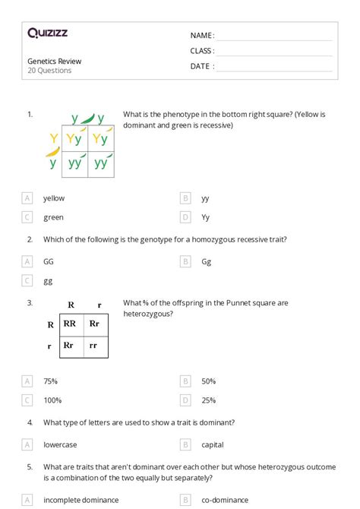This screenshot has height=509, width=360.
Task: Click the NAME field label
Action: tap(201, 36)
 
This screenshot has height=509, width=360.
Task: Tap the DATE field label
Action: tap(201, 66)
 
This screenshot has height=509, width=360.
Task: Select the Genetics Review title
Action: tap(54, 61)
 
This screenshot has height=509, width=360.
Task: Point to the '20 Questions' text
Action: tap(49, 71)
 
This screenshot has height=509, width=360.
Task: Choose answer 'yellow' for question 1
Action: tap(54, 198)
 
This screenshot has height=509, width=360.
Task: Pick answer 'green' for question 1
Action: tap(53, 217)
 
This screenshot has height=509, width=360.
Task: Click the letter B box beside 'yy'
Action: tap(185, 198)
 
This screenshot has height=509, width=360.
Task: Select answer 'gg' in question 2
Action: tap(48, 281)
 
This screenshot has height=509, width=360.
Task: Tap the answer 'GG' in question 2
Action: tap(49, 261)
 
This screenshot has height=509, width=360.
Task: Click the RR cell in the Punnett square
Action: tap(69, 324)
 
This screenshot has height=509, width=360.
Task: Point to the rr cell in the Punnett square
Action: tap(94, 345)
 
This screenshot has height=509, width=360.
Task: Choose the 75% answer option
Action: tap(50, 381)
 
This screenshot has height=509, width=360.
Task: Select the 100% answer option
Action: tap(52, 400)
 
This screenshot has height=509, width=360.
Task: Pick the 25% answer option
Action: tap(209, 400)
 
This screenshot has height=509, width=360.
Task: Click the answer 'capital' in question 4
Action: tap(213, 444)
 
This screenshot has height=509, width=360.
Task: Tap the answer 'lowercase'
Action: tap(60, 444)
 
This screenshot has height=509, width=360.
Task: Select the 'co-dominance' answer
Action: tap(223, 500)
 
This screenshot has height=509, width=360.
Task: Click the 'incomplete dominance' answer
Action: tap(81, 500)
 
